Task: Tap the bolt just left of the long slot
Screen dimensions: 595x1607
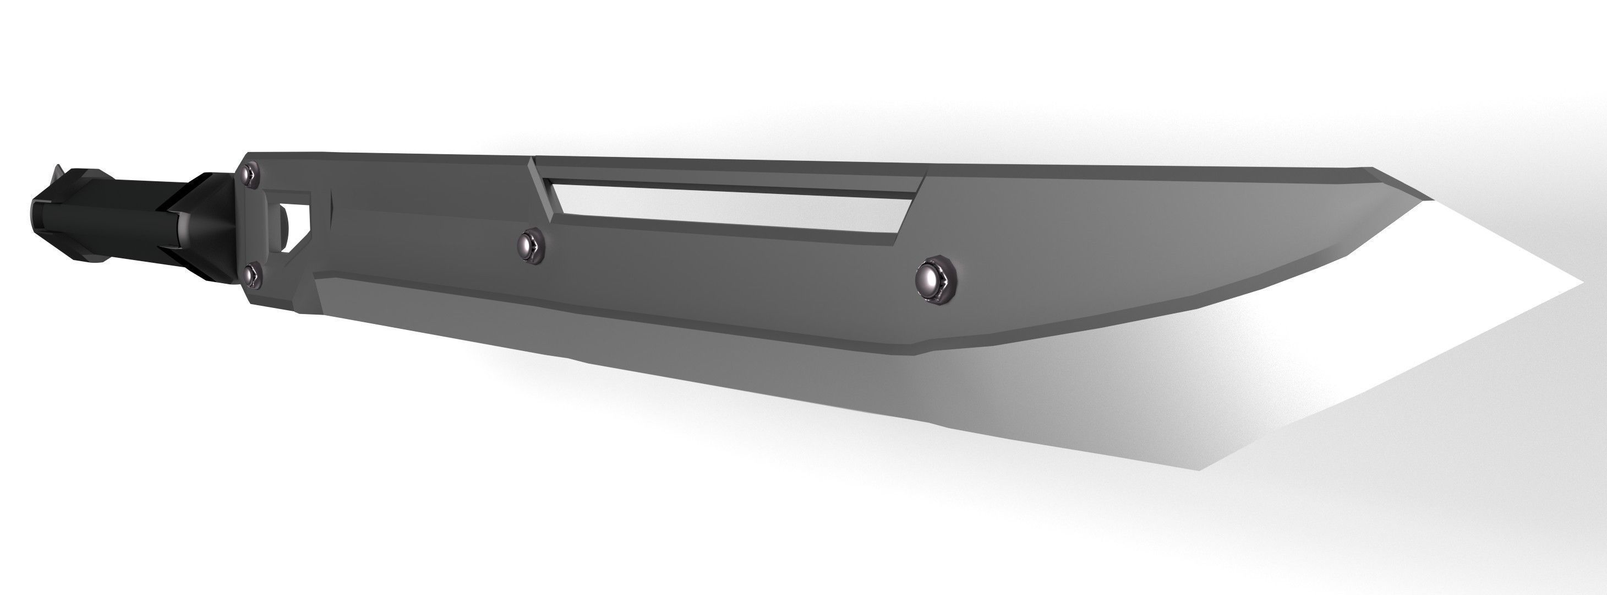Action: tap(532, 244)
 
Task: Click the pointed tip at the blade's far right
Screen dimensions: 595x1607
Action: tap(1582, 283)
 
